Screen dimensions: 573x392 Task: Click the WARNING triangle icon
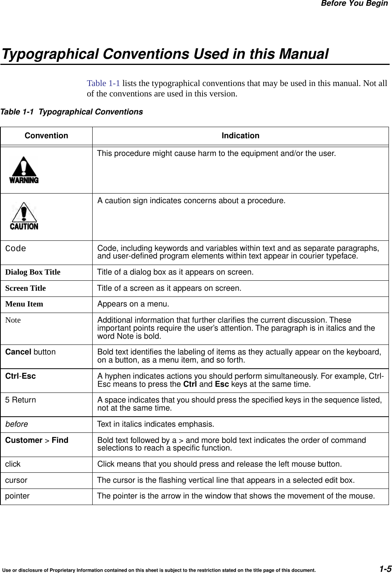[24, 170]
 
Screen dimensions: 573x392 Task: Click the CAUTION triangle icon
[24, 216]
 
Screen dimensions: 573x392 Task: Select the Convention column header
[46, 136]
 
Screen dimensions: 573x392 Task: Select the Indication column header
[240, 136]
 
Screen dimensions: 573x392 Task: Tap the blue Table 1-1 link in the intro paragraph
[103, 83]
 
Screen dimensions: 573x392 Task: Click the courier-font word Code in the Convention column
[15, 249]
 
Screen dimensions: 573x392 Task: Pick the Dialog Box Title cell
[33, 272]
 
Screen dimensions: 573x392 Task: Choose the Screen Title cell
[25, 288]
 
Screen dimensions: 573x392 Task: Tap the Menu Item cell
[24, 304]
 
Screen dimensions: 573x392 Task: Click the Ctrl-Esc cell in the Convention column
[20, 376]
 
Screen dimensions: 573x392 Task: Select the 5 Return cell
[20, 400]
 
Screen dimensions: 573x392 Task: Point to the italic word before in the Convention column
[16, 424]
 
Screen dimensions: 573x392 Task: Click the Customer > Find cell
[37, 441]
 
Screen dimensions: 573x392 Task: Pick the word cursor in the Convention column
[16, 480]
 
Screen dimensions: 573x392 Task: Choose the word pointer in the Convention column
[17, 496]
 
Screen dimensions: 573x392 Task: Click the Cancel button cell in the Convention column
[30, 352]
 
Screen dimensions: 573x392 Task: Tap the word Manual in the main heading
[304, 54]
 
